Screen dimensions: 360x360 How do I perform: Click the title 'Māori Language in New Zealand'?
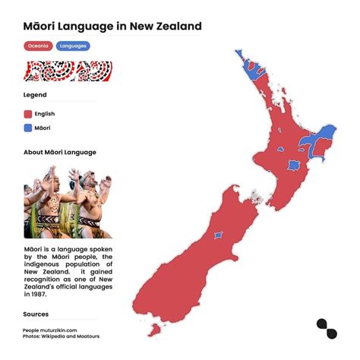112,27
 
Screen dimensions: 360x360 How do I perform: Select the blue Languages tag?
73,46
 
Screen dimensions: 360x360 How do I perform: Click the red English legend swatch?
27,114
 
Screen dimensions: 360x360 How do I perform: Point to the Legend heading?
35,95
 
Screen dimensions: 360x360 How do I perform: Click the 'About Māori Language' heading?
60,152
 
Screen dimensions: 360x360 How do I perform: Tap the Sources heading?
36,313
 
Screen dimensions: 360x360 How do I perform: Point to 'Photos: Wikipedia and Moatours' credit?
61,336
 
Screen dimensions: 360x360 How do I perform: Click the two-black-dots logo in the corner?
327,330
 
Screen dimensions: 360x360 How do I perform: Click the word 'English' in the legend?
45,114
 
